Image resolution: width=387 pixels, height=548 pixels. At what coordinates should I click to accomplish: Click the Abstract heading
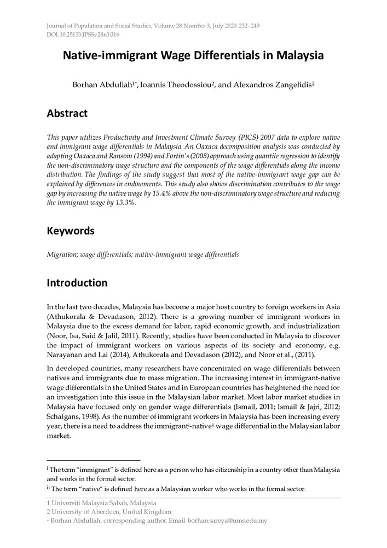point(67,114)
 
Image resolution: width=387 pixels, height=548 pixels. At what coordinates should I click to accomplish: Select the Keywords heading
point(70,231)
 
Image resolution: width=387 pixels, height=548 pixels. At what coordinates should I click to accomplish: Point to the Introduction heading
point(77,283)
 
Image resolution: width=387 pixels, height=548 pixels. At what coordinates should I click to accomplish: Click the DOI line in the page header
point(83,35)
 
